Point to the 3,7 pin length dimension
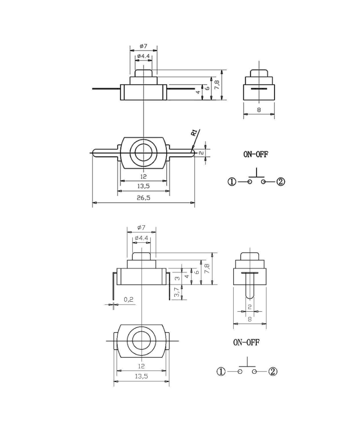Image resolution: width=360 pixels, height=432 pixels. pos(176,292)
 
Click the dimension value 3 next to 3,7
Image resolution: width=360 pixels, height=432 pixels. pos(176,278)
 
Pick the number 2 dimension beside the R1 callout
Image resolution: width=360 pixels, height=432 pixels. pos(202,153)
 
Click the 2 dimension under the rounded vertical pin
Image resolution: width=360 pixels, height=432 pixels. pos(249,307)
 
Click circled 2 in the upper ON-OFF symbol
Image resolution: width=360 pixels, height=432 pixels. pos(281,182)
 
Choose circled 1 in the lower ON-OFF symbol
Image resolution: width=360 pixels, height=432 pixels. pos(221,372)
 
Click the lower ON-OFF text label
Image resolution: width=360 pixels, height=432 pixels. pos(246,342)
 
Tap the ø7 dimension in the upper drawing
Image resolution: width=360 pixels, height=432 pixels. pos(143,46)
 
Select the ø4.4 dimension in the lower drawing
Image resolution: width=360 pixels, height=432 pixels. pos(141,238)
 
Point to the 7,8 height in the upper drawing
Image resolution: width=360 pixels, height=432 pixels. pos(216,85)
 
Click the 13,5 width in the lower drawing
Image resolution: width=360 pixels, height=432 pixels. pos(141,376)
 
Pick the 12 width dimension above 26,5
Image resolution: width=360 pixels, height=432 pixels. pos(143,176)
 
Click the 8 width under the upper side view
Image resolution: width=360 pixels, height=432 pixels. pos(259,110)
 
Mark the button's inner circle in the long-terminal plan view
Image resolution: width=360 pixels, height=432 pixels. pos(144,153)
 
